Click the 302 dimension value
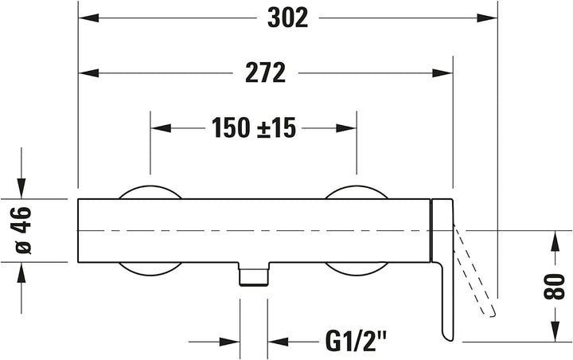pyautogui.click(x=288, y=18)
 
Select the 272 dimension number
pyautogui.click(x=265, y=72)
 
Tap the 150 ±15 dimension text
pyautogui.click(x=254, y=128)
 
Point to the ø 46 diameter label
pyautogui.click(x=21, y=230)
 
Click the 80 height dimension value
pyautogui.click(x=555, y=287)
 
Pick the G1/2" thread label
pyautogui.click(x=356, y=342)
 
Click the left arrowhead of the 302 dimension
pyautogui.click(x=88, y=18)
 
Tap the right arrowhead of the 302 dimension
pyautogui.click(x=487, y=18)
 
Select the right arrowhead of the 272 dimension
pyautogui.click(x=442, y=72)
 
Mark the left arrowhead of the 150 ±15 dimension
pyautogui.click(x=161, y=128)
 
